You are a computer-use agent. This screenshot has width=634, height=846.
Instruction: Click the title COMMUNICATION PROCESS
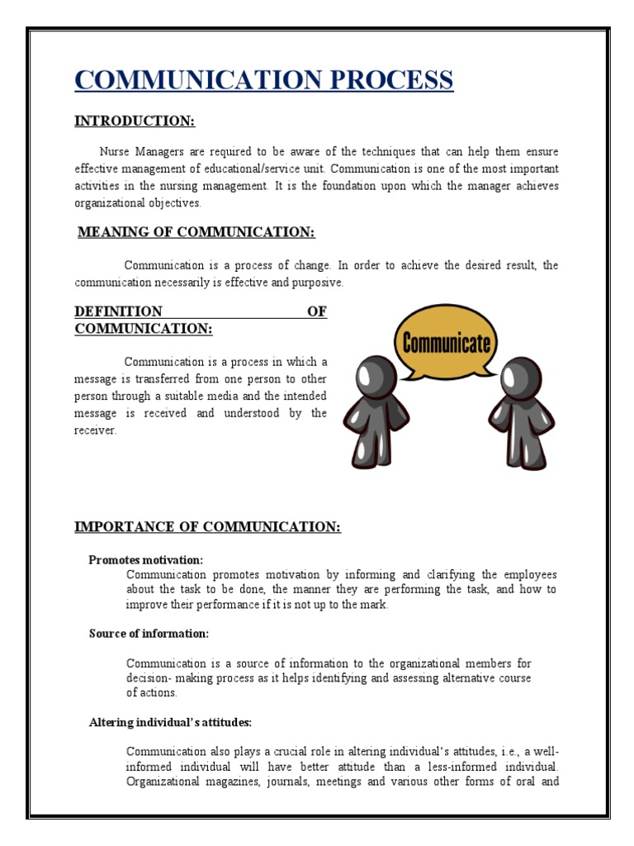(x=263, y=81)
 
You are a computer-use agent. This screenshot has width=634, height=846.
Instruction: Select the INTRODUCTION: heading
(x=135, y=121)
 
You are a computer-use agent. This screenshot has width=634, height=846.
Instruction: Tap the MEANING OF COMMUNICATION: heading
(x=196, y=232)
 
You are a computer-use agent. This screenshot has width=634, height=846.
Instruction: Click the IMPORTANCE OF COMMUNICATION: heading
(x=207, y=527)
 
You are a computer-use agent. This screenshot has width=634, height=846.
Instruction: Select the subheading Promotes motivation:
(x=145, y=560)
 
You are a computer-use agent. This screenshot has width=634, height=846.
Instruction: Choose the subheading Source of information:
(x=149, y=634)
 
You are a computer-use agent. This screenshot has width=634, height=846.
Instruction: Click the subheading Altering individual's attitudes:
(x=170, y=722)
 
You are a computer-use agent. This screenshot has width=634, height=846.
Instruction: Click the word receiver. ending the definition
(x=96, y=430)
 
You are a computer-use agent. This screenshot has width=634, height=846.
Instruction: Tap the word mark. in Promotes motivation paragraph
(x=371, y=604)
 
